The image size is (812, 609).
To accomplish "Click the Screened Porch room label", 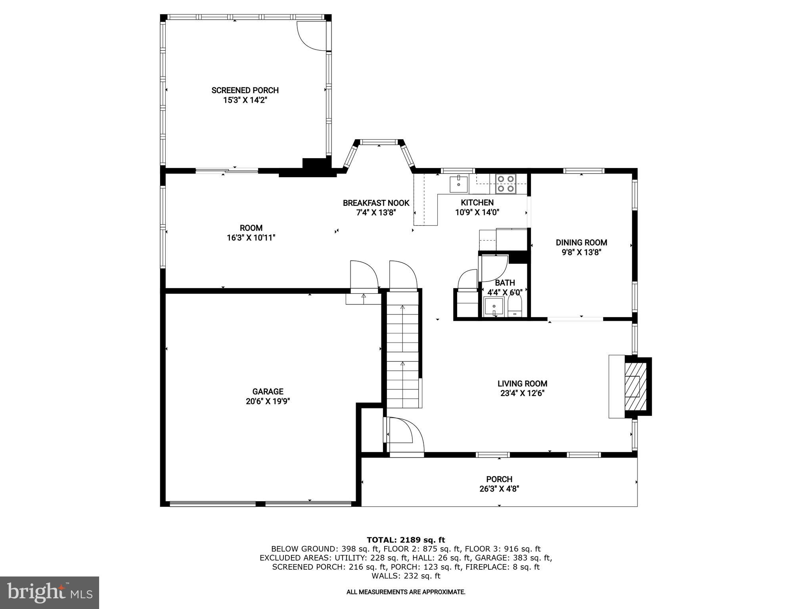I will pyautogui.click(x=245, y=90).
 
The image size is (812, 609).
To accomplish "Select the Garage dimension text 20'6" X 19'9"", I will pyautogui.click(x=268, y=401).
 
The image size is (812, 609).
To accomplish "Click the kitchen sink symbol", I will pyautogui.click(x=459, y=184).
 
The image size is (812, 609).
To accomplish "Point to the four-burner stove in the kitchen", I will pyautogui.click(x=506, y=184).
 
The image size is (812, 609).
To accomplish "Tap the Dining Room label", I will pyautogui.click(x=581, y=243).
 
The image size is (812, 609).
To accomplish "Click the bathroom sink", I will pyautogui.click(x=494, y=307).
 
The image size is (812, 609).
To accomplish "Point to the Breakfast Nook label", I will pyautogui.click(x=376, y=203).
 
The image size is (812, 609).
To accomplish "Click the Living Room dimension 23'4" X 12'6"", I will pyautogui.click(x=522, y=393).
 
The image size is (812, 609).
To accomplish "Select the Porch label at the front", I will pyautogui.click(x=499, y=479).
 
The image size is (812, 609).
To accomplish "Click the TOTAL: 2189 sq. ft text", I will pyautogui.click(x=406, y=540).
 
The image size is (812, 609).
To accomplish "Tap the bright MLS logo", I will pyautogui.click(x=49, y=592).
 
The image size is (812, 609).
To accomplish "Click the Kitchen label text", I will pyautogui.click(x=477, y=203).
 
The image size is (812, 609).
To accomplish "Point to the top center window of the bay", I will pyautogui.click(x=379, y=142).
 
